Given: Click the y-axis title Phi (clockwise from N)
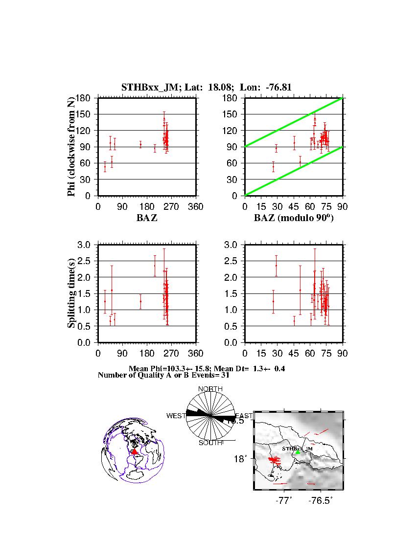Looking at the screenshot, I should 71,147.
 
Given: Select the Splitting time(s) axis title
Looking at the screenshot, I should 71,293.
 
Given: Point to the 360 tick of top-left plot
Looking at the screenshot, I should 196,207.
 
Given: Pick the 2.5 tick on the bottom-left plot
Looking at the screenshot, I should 86,261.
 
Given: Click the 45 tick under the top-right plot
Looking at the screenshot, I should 294,207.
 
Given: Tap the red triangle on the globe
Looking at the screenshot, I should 135,451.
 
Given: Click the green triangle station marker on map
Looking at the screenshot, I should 298,452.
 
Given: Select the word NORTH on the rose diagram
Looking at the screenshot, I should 210,389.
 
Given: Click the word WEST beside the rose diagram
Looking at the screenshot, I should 176,416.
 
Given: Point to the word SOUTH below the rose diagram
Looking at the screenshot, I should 210,443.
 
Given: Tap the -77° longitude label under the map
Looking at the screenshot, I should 282,501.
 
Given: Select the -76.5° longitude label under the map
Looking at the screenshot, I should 318,501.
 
